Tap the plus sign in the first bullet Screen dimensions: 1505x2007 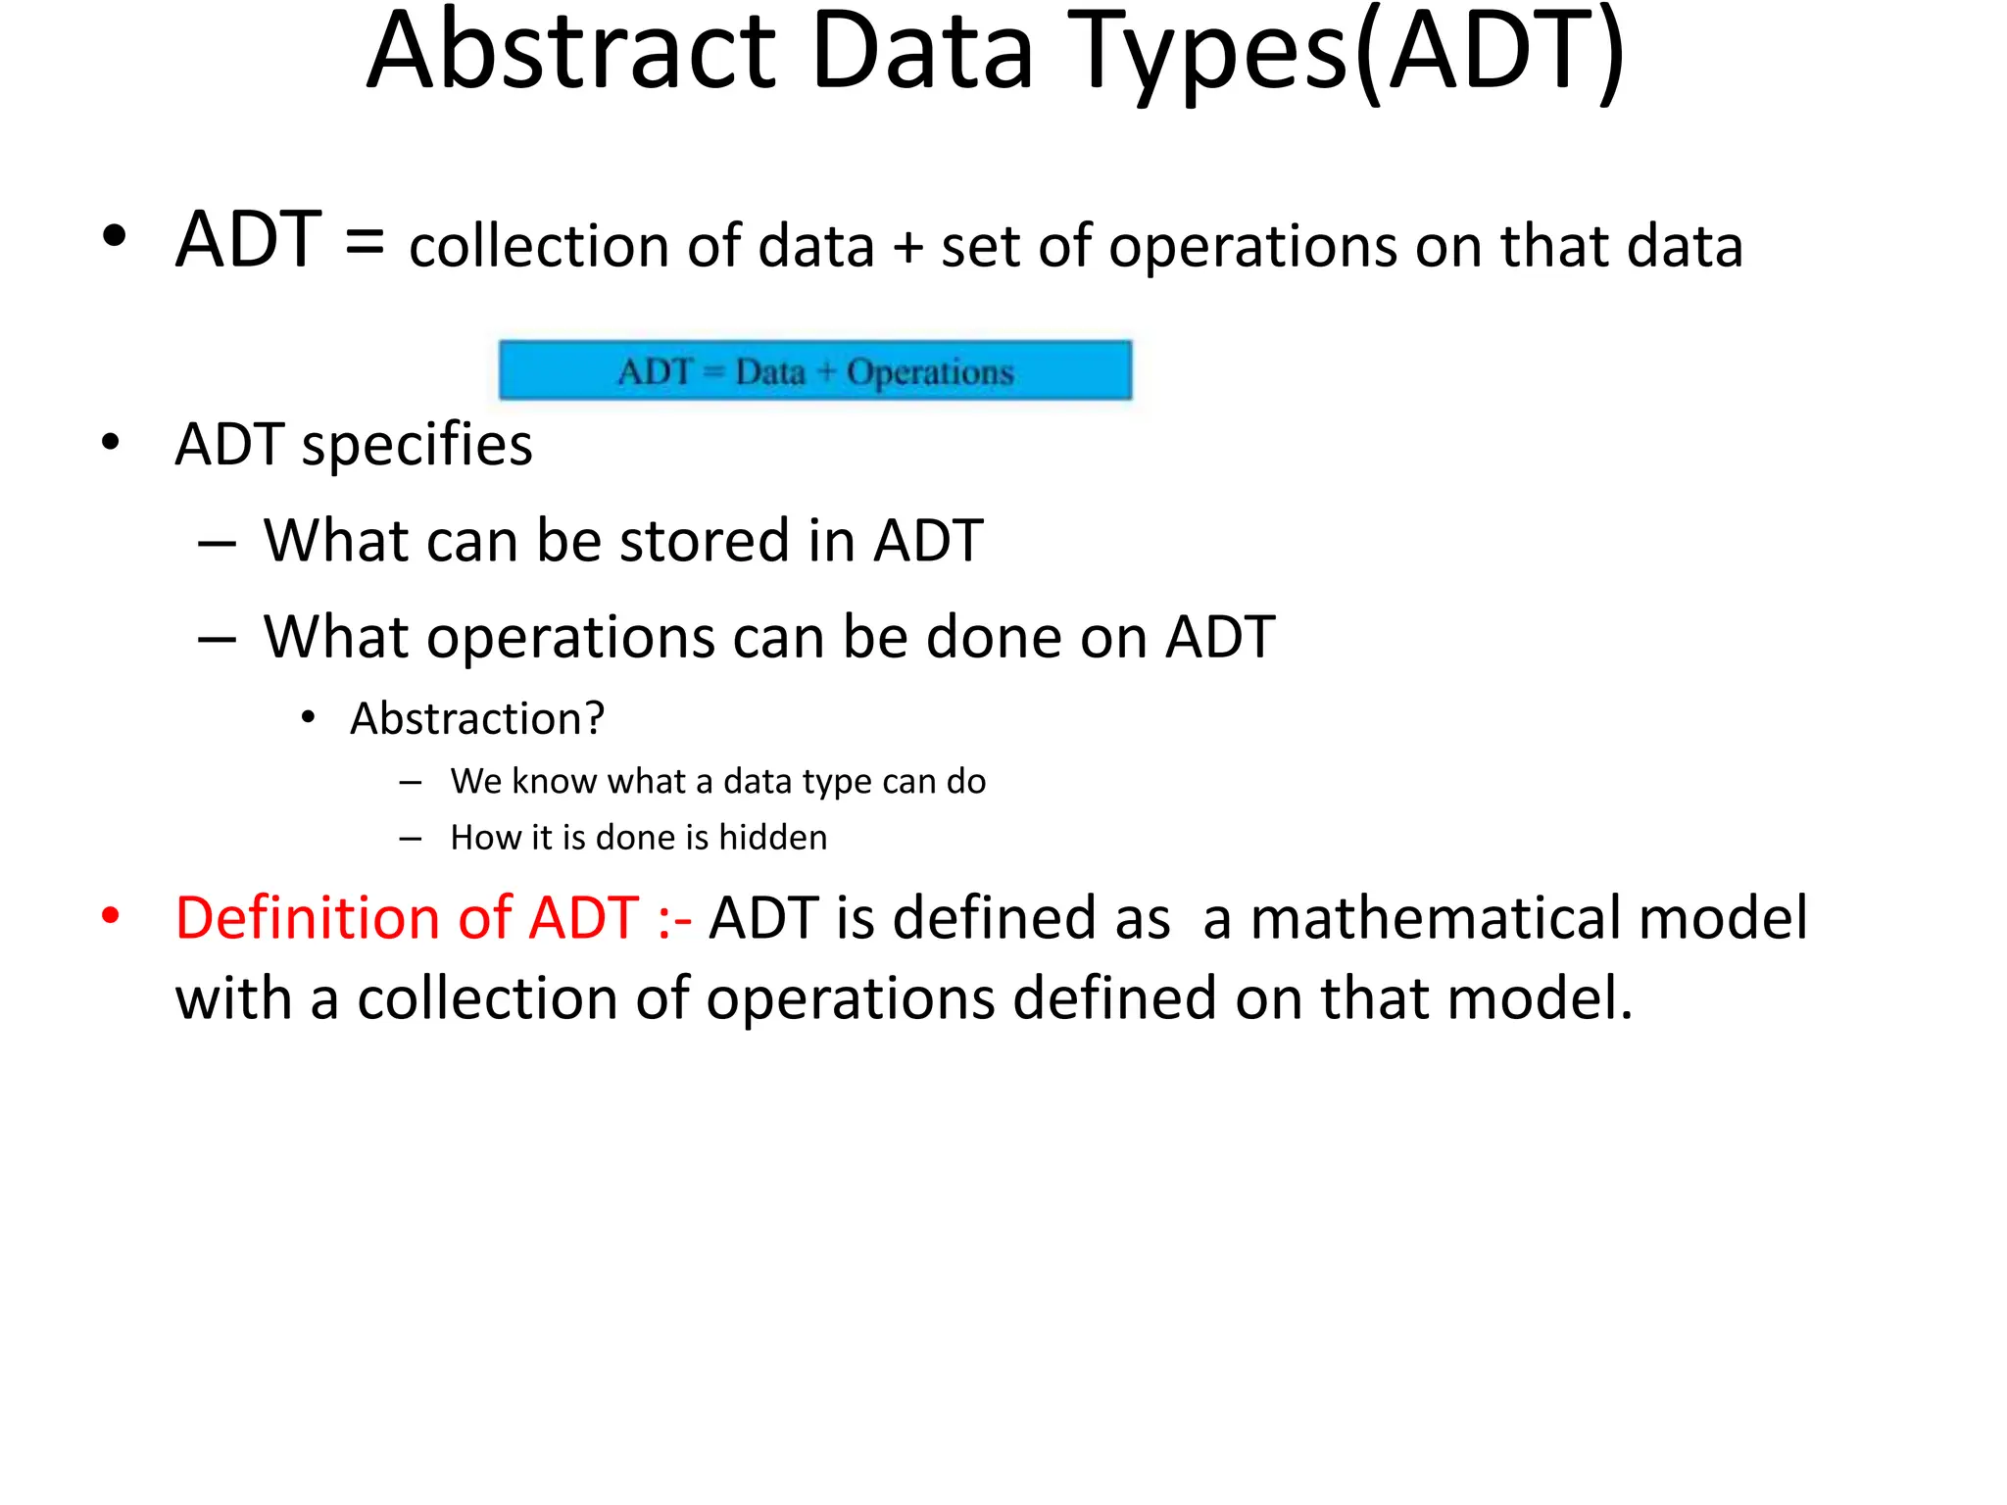907,246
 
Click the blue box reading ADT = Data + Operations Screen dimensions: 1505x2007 814,370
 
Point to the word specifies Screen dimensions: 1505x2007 416,445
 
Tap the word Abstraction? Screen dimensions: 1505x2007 477,719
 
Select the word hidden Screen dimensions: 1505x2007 772,838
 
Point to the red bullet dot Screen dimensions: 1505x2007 111,917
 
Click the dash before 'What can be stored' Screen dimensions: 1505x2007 217,543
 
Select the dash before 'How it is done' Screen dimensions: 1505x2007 411,839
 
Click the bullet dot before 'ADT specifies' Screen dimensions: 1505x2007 111,443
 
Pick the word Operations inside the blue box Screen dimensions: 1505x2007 930,372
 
